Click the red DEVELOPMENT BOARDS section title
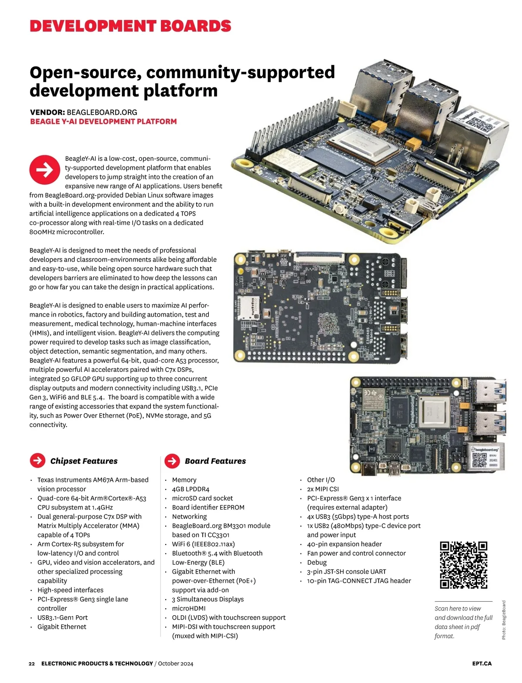pyautogui.click(x=130, y=26)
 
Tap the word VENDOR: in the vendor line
pyautogui.click(x=47, y=112)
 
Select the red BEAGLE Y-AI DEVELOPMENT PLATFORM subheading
pyautogui.click(x=104, y=122)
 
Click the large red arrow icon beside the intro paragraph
pyautogui.click(x=45, y=169)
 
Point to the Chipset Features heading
pyautogui.click(x=84, y=461)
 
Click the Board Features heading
pyautogui.click(x=215, y=461)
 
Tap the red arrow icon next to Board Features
pyautogui.click(x=172, y=461)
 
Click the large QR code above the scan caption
pyautogui.click(x=463, y=565)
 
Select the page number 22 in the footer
pyautogui.click(x=32, y=663)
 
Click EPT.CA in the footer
pyautogui.click(x=482, y=663)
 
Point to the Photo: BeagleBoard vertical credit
pyautogui.click(x=504, y=620)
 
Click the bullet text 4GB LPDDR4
pyautogui.click(x=191, y=489)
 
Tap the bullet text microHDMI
pyautogui.click(x=189, y=609)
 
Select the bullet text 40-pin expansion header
pyautogui.click(x=344, y=544)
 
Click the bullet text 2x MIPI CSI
pyautogui.click(x=323, y=489)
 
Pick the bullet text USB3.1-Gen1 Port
pyautogui.click(x=63, y=618)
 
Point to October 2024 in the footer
pyautogui.click(x=176, y=663)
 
